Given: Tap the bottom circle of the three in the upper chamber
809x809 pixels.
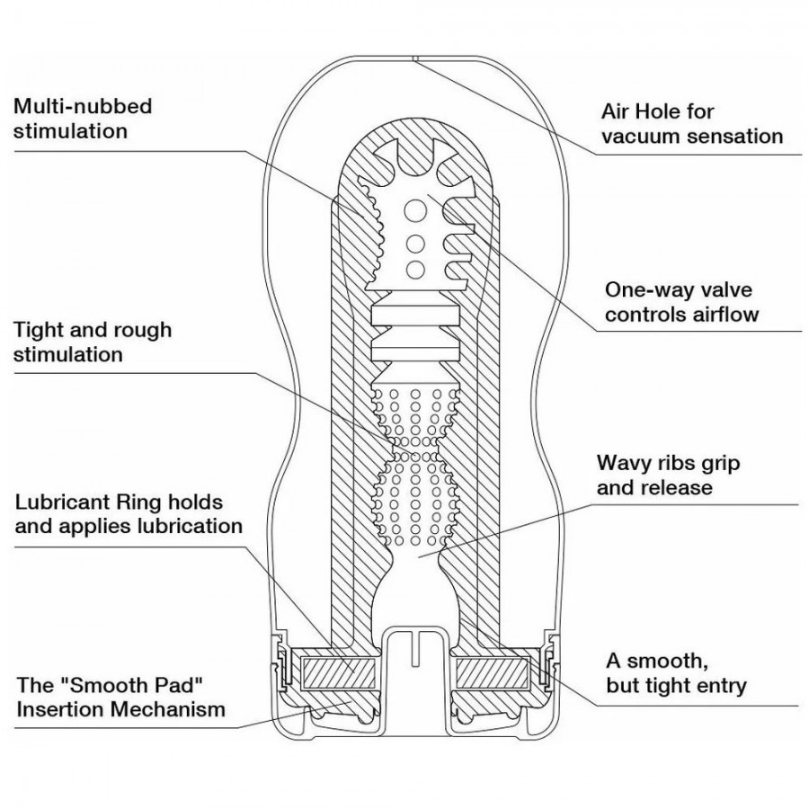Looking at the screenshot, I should (x=415, y=269).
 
